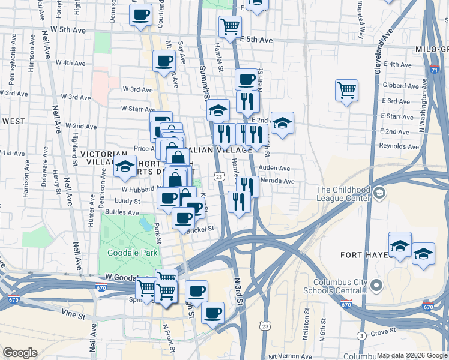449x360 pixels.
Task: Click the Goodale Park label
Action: click(132, 253)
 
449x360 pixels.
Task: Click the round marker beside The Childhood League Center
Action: click(379, 194)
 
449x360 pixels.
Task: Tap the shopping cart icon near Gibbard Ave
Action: click(347, 91)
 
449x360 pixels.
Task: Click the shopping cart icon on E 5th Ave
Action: click(230, 26)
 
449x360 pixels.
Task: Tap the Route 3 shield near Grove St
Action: click(361, 335)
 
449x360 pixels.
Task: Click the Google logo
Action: click(20, 352)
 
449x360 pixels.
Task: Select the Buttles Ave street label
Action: click(122, 212)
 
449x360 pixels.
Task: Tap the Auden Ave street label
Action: click(274, 169)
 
